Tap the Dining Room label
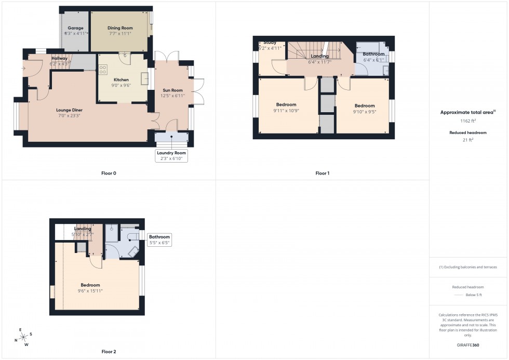tap(120, 28)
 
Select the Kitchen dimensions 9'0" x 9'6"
tap(121, 86)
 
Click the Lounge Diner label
tap(70, 110)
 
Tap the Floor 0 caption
tap(109, 173)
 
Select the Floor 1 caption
tap(322, 173)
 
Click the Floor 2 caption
tap(109, 352)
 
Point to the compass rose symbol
tap(23, 337)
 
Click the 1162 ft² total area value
tap(468, 121)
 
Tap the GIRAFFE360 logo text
tap(468, 345)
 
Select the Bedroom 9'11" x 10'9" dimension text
tap(286, 111)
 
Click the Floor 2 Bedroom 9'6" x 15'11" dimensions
tap(90, 290)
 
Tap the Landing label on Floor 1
tap(319, 56)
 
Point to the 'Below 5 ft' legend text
tap(474, 295)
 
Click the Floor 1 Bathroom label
tap(374, 54)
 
